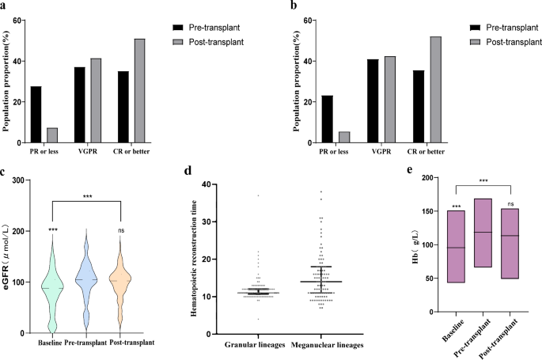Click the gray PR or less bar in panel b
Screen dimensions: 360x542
coord(344,137)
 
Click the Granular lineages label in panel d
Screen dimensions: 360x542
coord(254,345)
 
